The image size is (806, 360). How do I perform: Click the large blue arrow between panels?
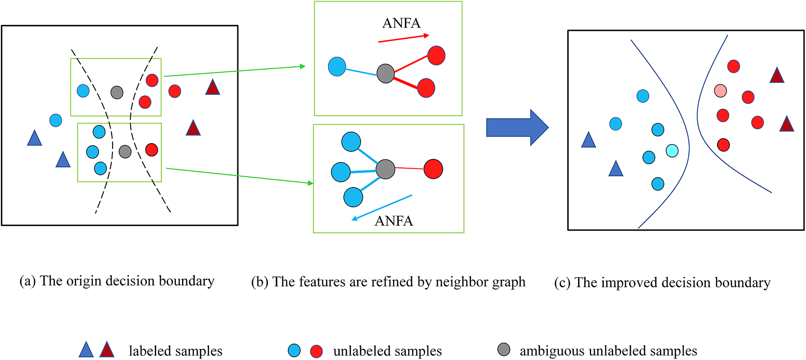pyautogui.click(x=517, y=127)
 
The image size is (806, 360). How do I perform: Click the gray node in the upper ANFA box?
pyautogui.click(x=385, y=74)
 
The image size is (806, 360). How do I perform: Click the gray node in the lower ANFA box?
pyautogui.click(x=385, y=169)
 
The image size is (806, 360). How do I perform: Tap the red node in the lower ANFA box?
pyautogui.click(x=433, y=169)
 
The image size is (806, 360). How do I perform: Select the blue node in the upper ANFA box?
pyautogui.click(x=337, y=66)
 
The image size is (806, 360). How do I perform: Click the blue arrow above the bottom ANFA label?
pyautogui.click(x=382, y=208)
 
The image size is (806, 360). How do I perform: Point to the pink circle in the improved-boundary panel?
pyautogui.click(x=720, y=91)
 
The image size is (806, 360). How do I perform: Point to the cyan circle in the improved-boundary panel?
pyautogui.click(x=672, y=151)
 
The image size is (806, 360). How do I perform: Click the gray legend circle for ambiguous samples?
pyautogui.click(x=503, y=349)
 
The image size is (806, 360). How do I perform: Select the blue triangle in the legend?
pyautogui.click(x=86, y=350)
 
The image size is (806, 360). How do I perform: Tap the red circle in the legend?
pyautogui.click(x=316, y=351)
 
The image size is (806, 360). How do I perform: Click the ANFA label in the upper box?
pyautogui.click(x=401, y=23)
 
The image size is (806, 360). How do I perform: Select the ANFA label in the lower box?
pyautogui.click(x=393, y=221)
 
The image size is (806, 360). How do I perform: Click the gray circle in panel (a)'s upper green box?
pyautogui.click(x=117, y=92)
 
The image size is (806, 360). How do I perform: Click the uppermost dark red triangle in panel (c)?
pyautogui.click(x=777, y=76)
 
